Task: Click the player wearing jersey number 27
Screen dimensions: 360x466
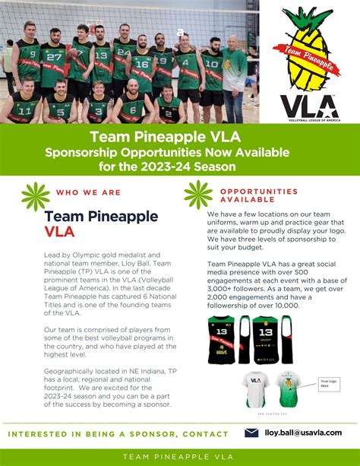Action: tap(52, 65)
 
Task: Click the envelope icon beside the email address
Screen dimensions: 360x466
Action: tap(251, 432)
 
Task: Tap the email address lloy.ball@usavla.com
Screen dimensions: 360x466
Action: tap(302, 432)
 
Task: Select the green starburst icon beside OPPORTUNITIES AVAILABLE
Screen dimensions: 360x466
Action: tap(198, 195)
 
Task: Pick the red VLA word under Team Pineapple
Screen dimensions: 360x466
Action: tap(61, 232)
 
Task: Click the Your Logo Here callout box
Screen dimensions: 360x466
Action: tap(328, 384)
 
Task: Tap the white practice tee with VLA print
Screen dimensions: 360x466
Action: tap(254, 388)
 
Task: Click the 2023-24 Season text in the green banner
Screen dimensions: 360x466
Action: tap(199, 166)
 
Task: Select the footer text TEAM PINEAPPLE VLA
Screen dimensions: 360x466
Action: tap(179, 455)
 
